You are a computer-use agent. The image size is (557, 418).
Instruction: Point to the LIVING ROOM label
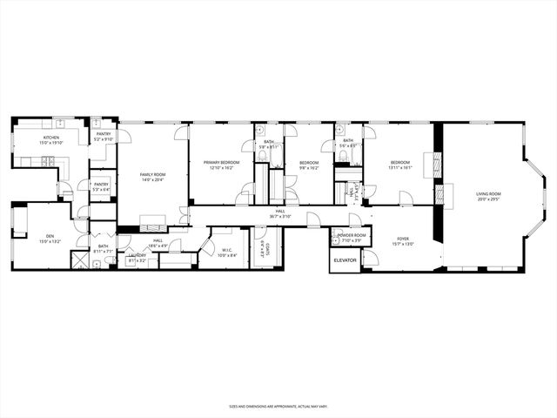(488, 196)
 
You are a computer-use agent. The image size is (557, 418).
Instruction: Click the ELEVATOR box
(346, 260)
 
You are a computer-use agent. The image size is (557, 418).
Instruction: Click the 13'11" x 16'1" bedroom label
(399, 165)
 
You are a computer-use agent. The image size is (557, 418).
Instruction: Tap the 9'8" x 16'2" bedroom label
(309, 165)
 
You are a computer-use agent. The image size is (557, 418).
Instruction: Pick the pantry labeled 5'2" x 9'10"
(104, 136)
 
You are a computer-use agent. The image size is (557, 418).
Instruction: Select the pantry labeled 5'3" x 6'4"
(101, 186)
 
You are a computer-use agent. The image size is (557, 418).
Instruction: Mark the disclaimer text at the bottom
(278, 406)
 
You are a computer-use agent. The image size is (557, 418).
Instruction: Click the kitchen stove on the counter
(50, 161)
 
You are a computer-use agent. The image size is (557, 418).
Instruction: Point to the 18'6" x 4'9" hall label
(158, 242)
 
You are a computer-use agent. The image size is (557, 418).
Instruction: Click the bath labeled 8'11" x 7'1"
(103, 248)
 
